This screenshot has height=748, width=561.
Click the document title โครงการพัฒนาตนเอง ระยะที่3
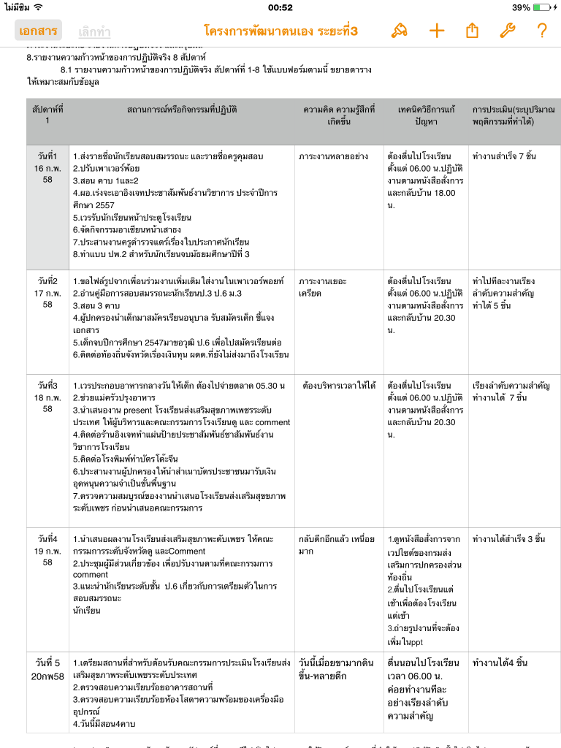pos(281,31)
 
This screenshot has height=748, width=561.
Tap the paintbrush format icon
pos(399,30)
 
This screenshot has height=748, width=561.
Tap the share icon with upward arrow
pos(472,30)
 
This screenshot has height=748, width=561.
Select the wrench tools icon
pos(507,30)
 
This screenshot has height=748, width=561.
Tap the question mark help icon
pos(541,30)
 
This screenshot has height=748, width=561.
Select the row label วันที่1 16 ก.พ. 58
pos(47,168)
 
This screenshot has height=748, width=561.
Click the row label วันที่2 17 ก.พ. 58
pos(47,292)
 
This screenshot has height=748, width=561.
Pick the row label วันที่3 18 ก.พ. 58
pos(47,397)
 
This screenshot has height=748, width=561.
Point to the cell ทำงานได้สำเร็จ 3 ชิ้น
pos(508,539)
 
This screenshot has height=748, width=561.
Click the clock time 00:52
pos(280,7)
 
